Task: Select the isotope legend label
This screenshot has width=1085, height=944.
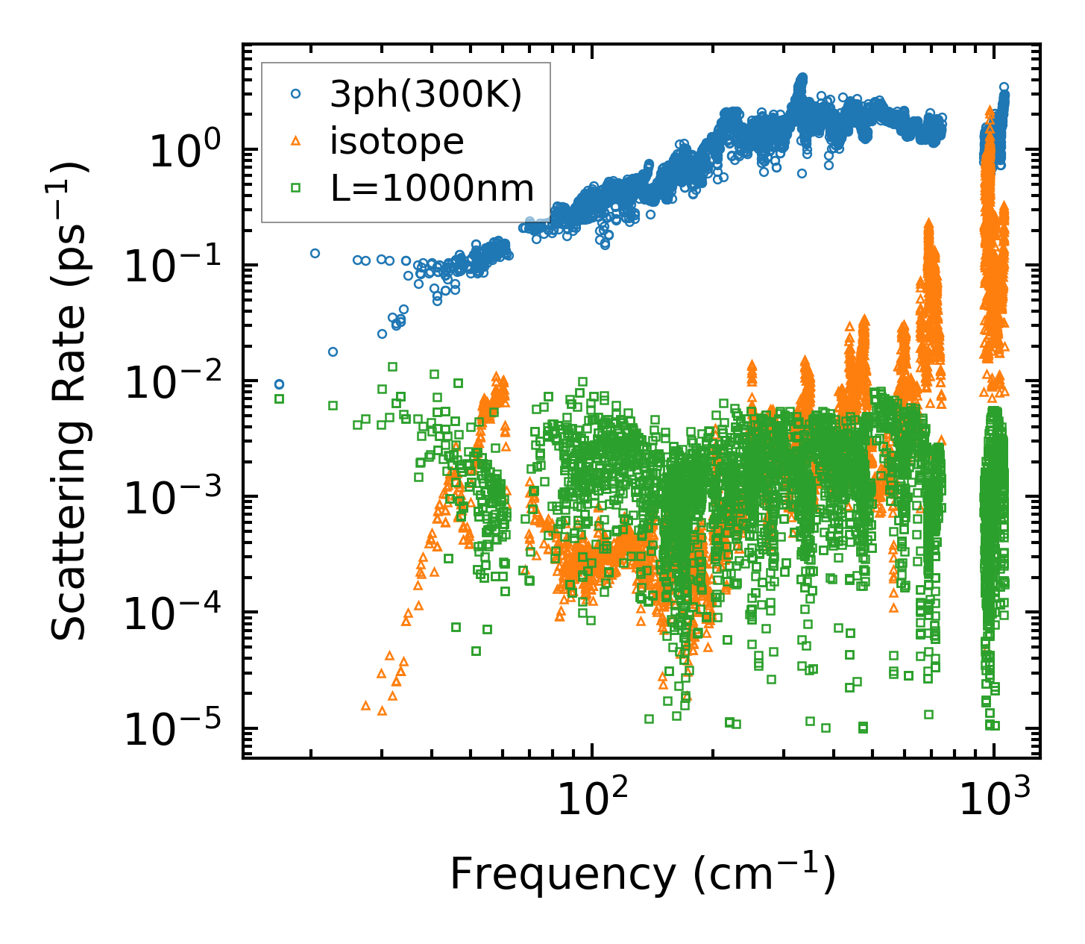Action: pyautogui.click(x=397, y=141)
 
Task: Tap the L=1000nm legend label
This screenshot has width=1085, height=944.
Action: pyautogui.click(x=433, y=188)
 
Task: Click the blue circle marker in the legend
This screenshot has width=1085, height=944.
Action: pyautogui.click(x=296, y=94)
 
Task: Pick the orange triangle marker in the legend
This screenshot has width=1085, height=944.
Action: pyautogui.click(x=296, y=141)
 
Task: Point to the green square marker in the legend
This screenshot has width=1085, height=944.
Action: pyautogui.click(x=296, y=188)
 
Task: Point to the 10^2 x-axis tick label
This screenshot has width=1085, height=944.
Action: pyautogui.click(x=591, y=802)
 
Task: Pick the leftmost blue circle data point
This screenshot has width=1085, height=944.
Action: pyautogui.click(x=279, y=384)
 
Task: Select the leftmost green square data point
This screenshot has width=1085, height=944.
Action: pyautogui.click(x=279, y=398)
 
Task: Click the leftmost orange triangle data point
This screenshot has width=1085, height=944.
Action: pyautogui.click(x=365, y=705)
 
